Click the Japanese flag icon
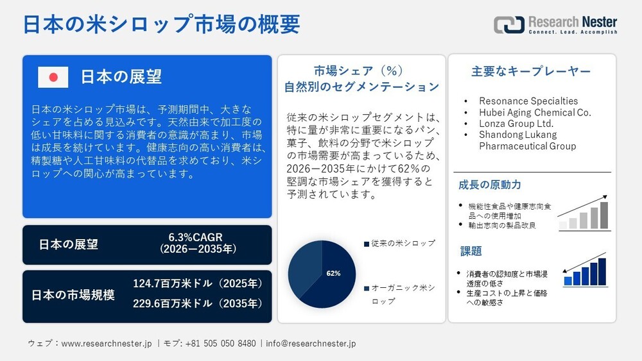coord(53,77)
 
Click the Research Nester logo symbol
coord(508,24)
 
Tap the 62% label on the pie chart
coord(333,273)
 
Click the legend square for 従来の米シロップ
coord(366,244)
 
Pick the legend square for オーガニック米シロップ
coord(366,289)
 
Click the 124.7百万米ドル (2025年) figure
coord(198,283)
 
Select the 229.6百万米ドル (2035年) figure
coord(198,303)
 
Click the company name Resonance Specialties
coord(528,101)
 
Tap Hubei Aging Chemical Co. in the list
coord(535,112)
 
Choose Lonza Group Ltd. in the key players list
coord(516,123)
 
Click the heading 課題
coord(471,251)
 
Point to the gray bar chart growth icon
coord(584,212)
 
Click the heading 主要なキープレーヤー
coord(531,72)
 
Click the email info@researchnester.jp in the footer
coord(311,344)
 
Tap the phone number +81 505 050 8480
coord(220,344)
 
